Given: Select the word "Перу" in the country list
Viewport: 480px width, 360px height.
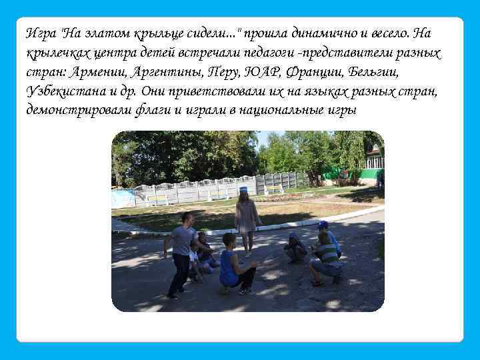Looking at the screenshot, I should pos(224,71).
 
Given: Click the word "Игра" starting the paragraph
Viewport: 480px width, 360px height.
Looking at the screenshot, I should pos(39,33).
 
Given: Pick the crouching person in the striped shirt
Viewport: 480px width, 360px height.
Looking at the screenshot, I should pos(327,257).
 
